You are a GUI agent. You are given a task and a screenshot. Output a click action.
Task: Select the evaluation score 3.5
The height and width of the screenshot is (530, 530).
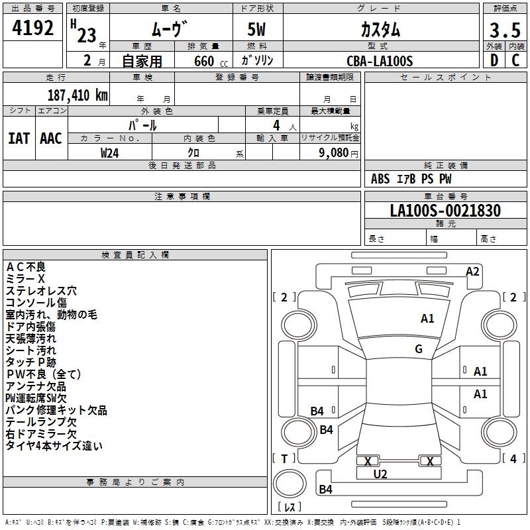pyautogui.click(x=503, y=30)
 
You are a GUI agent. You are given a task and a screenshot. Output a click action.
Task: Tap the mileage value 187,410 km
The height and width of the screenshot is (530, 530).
pyautogui.click(x=78, y=95)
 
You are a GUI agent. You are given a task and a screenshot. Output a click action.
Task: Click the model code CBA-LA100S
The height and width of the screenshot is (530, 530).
pyautogui.click(x=380, y=61)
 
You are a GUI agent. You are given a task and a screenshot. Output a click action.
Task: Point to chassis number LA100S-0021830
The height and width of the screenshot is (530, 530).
pyautogui.click(x=445, y=211)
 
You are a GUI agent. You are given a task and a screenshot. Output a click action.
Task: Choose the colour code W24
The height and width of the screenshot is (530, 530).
pyautogui.click(x=110, y=152)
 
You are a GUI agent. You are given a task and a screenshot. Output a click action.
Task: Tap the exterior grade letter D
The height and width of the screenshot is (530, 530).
pyautogui.click(x=493, y=61)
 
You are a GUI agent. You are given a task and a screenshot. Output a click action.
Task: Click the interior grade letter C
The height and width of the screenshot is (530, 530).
pyautogui.click(x=515, y=61)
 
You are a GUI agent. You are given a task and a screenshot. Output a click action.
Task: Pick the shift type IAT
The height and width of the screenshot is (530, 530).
pyautogui.click(x=19, y=138)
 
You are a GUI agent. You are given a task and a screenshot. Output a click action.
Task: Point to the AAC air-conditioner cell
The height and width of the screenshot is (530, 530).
pyautogui.click(x=51, y=138)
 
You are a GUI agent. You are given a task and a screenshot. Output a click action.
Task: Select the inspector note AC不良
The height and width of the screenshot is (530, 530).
pyautogui.click(x=26, y=267)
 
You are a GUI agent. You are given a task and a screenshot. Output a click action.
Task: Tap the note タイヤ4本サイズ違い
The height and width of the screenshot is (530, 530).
pyautogui.click(x=54, y=446)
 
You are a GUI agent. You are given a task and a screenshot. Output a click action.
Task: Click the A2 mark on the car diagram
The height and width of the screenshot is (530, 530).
pyautogui.click(x=472, y=271)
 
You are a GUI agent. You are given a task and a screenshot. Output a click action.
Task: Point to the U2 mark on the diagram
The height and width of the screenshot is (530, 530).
pyautogui.click(x=380, y=474)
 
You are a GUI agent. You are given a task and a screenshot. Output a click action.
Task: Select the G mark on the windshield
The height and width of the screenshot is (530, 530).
pyautogui.click(x=419, y=349)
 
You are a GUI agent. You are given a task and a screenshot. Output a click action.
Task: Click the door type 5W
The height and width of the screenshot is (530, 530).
pyautogui.click(x=258, y=30)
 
